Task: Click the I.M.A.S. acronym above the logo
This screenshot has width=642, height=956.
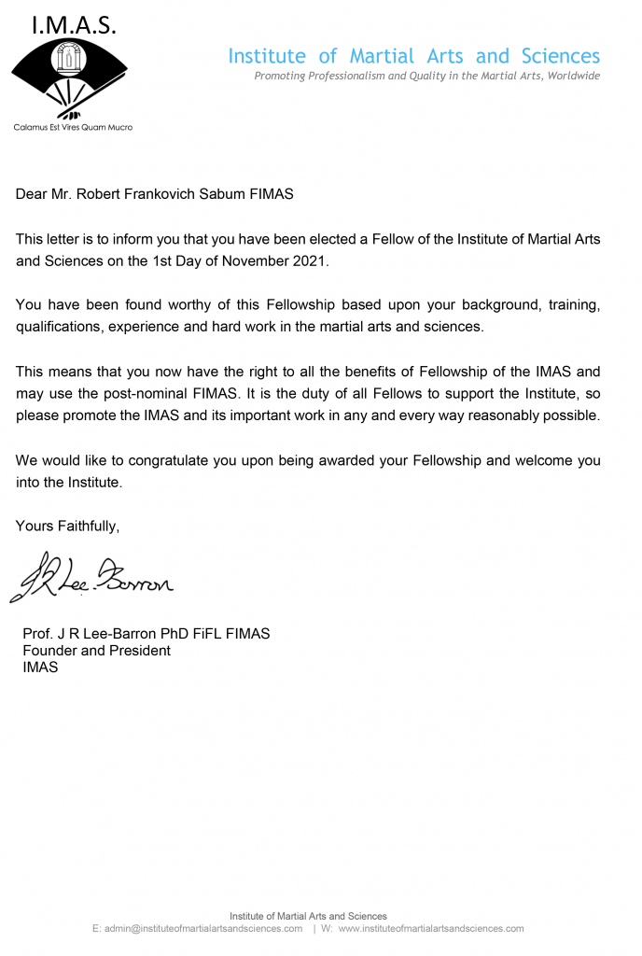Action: pos(74,26)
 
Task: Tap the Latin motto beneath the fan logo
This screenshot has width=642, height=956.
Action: pos(73,127)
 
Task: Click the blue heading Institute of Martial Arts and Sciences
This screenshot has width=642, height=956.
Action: pos(414,56)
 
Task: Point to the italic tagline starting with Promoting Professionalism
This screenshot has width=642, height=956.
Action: pos(427,77)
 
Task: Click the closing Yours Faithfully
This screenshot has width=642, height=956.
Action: pos(67,526)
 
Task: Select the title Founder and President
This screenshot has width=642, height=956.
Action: pos(96,651)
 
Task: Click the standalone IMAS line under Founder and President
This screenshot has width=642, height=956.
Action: pos(40,668)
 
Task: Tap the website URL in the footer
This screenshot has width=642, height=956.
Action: pos(430,929)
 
